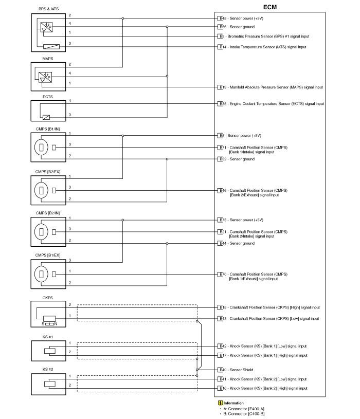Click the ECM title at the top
point(270,7)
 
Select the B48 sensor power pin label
point(241,19)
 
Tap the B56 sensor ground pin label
point(237,27)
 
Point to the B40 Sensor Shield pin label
point(237,370)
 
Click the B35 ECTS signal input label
point(272,104)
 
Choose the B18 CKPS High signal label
point(269,307)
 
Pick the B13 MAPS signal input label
point(271,87)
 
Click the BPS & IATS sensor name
point(49,9)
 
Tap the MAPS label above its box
point(48,59)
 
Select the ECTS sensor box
point(48,111)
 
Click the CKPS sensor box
point(48,314)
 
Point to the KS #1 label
point(48,337)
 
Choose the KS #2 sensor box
point(48,384)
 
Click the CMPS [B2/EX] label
point(48,172)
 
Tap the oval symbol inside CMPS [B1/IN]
point(41,147)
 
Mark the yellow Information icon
point(221,403)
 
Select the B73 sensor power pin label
point(241,220)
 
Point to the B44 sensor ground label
point(237,244)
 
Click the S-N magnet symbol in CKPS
point(49,324)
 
